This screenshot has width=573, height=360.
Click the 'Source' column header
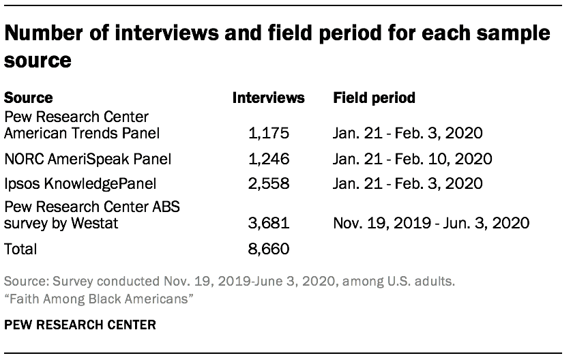click(x=29, y=98)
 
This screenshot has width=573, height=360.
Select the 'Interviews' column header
click(x=269, y=98)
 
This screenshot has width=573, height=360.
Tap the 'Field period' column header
click(x=374, y=98)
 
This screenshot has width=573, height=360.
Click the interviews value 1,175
click(x=269, y=132)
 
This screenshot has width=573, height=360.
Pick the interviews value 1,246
click(x=269, y=159)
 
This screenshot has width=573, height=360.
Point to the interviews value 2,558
click(x=269, y=183)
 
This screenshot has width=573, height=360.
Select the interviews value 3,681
click(x=269, y=222)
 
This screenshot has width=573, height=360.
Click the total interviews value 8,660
click(x=269, y=249)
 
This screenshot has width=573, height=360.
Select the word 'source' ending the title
click(x=38, y=60)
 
